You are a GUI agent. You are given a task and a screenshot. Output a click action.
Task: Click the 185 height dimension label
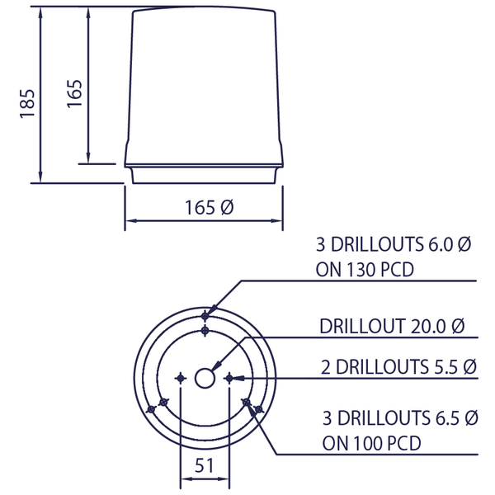tap(26, 103)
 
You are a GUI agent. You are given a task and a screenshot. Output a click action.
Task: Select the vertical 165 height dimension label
tap(73, 92)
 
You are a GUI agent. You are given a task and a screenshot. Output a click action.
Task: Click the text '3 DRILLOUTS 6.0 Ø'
tap(393, 245)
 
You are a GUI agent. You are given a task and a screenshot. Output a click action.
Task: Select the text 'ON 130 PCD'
tap(364, 270)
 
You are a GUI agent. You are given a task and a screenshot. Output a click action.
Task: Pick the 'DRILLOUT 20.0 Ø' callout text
tap(392, 326)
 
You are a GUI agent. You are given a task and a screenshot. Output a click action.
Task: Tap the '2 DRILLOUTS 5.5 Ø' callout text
tap(398, 365)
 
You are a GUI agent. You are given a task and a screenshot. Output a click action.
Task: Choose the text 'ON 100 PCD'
tap(371, 442)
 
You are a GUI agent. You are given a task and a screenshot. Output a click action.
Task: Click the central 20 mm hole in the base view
tap(205, 378)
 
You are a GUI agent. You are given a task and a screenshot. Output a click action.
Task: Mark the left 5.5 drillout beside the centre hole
tap(181, 378)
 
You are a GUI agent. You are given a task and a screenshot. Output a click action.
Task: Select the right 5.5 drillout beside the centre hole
tap(229, 378)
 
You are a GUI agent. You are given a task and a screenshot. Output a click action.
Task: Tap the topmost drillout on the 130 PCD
tap(205, 315)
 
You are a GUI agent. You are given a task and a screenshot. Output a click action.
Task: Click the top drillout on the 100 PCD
tap(205, 331)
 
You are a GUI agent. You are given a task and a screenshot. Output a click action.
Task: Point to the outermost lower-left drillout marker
tap(150, 409)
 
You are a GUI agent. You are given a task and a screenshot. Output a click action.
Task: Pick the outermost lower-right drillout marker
tap(259, 409)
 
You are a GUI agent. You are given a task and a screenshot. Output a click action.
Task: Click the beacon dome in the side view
tap(204, 82)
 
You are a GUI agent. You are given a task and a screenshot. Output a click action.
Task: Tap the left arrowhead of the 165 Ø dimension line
tap(129, 220)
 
